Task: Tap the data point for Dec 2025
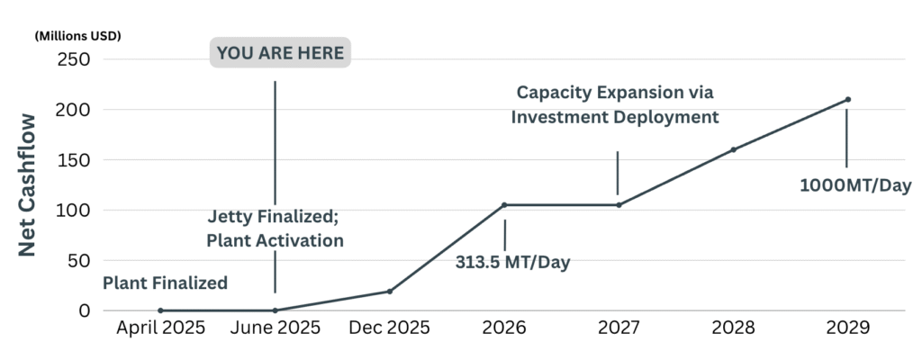390,291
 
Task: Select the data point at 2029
848,99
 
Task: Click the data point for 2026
504,205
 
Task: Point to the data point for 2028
733,149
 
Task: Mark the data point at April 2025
160,310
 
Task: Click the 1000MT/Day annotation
856,186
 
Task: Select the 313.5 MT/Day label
513,262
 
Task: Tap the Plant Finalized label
165,283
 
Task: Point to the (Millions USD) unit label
77,36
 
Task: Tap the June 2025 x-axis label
275,328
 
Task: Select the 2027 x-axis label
619,328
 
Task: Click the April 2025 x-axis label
160,328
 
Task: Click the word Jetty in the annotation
231,217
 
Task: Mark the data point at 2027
619,205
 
